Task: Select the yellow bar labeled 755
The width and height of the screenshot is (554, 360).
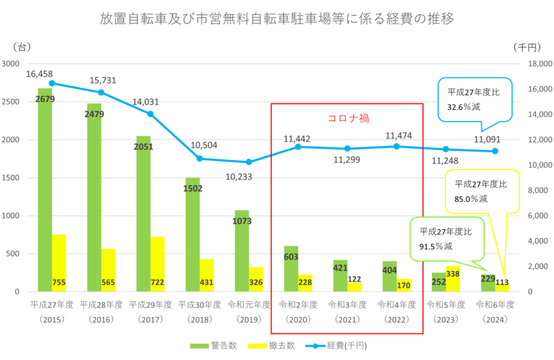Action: [60, 263]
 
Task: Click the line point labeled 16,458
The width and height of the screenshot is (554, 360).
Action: [52, 83]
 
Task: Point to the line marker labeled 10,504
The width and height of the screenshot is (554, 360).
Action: [199, 159]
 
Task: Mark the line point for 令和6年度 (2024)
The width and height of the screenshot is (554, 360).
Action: [495, 151]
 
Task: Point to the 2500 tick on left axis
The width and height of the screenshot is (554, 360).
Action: [14, 102]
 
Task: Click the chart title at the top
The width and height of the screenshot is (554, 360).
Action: [277, 19]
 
